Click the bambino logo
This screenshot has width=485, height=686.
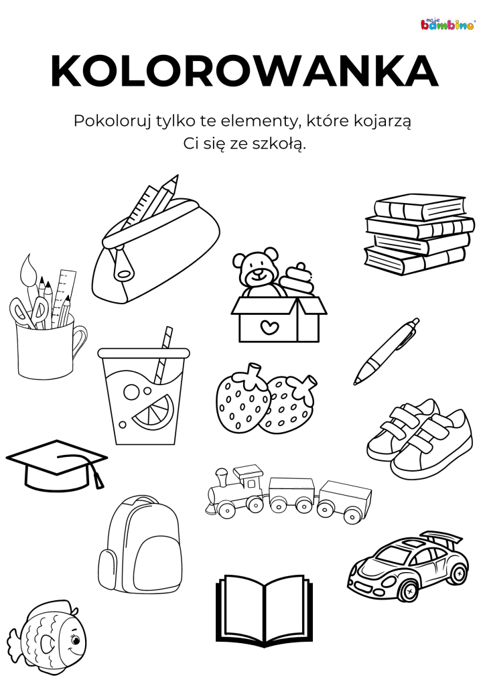click(x=447, y=24)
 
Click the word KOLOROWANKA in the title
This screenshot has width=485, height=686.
click(x=245, y=71)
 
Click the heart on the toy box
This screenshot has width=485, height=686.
click(x=269, y=326)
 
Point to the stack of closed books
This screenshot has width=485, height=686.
click(x=419, y=234)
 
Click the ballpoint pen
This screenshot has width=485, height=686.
click(x=386, y=352)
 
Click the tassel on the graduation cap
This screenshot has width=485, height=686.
click(x=98, y=477)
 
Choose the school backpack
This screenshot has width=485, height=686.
click(x=139, y=545)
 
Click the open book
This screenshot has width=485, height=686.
click(x=265, y=611)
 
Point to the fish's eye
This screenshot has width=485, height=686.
click(x=75, y=640)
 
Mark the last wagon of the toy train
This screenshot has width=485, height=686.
click(x=344, y=501)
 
